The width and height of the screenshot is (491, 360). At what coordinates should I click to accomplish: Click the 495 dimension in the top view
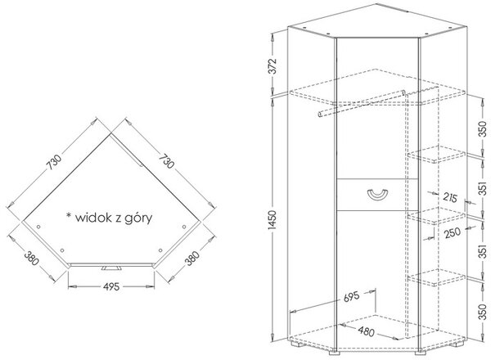[x=111, y=286]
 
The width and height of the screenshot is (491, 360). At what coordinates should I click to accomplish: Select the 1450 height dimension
[x=273, y=222]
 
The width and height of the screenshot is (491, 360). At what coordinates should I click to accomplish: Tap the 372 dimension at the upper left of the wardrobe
[x=273, y=65]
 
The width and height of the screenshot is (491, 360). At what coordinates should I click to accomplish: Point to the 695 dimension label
[x=351, y=297]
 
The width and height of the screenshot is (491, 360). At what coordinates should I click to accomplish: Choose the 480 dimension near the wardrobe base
[x=366, y=331]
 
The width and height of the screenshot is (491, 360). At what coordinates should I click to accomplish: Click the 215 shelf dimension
[x=450, y=197]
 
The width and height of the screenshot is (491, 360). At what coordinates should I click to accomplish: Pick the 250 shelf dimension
[x=453, y=232]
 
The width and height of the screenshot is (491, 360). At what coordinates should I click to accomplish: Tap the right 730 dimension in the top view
[x=166, y=161]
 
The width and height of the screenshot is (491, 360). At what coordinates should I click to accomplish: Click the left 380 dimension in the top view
[x=31, y=259]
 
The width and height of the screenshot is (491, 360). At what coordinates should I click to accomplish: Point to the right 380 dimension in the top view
[x=191, y=259]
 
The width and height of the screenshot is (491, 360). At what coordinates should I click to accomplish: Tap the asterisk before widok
[x=68, y=215]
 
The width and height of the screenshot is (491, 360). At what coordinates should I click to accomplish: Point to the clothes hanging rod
[x=362, y=104]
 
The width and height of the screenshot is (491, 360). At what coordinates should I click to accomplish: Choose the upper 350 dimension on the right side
[x=483, y=129]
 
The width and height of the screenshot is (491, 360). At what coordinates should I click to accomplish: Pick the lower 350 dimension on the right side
[x=483, y=312]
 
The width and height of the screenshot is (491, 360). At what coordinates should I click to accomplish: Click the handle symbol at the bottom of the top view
[x=111, y=268]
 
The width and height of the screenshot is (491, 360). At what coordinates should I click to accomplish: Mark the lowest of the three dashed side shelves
[x=436, y=277]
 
